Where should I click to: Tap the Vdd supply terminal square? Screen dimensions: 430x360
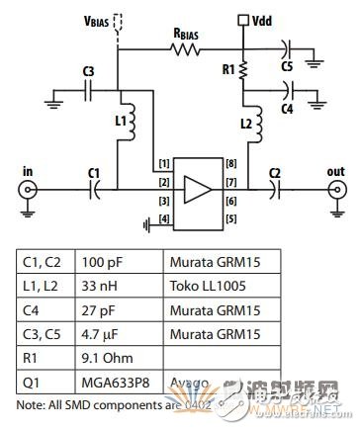[x=243, y=20]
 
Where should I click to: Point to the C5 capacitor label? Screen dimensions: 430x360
[x=287, y=66]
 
